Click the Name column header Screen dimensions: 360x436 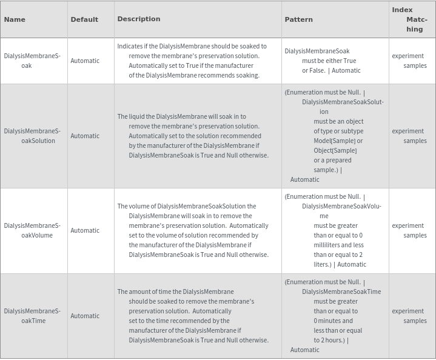(15, 19)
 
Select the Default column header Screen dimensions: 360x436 (84, 19)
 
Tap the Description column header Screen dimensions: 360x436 (139, 19)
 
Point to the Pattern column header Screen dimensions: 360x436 (299, 19)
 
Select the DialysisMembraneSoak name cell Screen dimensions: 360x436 (32, 61)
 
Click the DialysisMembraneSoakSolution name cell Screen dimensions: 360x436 (32, 136)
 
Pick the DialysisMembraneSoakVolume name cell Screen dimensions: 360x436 (32, 230)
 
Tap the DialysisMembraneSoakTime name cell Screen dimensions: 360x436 (32, 316)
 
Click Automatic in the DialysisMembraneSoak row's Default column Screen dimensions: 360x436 (85, 61)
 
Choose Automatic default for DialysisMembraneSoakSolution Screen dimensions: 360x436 (85, 136)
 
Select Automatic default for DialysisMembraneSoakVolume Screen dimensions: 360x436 (85, 230)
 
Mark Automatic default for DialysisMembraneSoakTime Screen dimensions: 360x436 (85, 316)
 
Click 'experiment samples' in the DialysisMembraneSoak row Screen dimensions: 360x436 (409, 61)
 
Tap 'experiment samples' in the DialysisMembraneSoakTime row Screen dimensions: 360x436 (409, 316)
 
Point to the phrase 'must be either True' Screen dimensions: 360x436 (329, 61)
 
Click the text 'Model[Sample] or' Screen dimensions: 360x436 (338, 141)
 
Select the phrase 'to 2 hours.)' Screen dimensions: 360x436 (329, 340)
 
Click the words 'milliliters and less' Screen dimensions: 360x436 (338, 245)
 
